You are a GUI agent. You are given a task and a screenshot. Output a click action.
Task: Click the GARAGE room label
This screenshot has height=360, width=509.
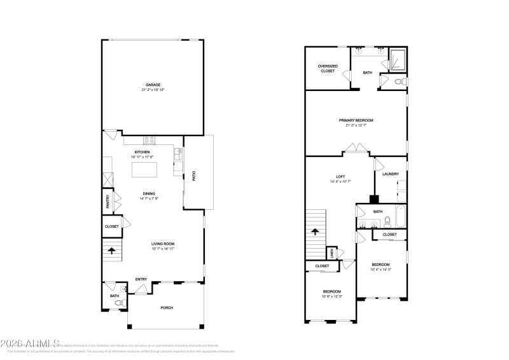[153, 85]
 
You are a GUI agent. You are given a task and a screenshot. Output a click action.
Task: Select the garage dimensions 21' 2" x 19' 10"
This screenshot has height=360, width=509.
[153, 90]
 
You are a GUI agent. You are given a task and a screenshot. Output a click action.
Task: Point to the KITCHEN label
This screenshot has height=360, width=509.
[143, 152]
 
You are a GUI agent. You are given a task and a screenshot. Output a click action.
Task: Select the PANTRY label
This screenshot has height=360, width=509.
[108, 201]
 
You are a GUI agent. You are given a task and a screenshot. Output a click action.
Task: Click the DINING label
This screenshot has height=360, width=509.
[149, 194]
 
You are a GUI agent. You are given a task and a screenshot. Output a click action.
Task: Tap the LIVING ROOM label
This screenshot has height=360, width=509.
[163, 244]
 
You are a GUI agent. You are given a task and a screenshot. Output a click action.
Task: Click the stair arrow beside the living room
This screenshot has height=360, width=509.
[112, 251]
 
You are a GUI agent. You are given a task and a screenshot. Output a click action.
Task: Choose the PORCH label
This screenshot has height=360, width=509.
[167, 308]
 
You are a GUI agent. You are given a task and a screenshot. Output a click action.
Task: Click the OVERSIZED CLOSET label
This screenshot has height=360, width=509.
[328, 68]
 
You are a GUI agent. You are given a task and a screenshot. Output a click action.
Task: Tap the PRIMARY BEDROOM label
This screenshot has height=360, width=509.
[356, 120]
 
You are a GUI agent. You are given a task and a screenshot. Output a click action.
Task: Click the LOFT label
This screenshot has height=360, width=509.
[340, 176]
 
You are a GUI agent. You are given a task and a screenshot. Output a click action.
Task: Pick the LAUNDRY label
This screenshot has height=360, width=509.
[390, 174]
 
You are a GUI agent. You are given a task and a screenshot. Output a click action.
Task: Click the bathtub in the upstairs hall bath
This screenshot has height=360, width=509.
[400, 217]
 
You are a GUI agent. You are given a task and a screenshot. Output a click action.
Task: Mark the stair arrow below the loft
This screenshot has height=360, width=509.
[315, 232]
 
